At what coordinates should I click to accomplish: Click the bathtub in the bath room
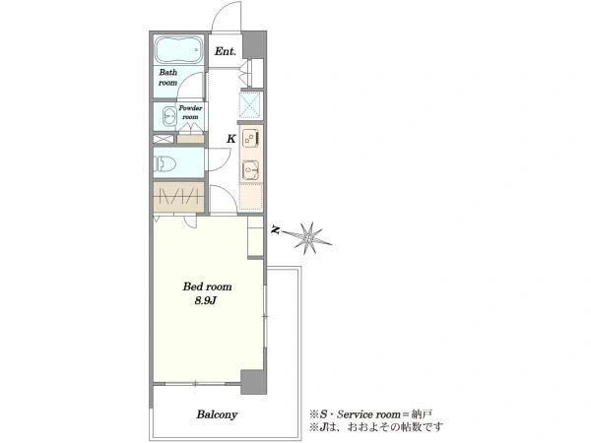pos(179,50)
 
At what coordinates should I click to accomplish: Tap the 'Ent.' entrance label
pos(225,51)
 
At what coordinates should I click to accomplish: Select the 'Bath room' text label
pos(168,77)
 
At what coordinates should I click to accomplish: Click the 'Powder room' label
pos(190,112)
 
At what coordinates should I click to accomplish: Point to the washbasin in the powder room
pos(168,116)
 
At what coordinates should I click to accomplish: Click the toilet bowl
pos(165,163)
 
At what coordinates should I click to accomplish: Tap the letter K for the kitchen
pos(231,139)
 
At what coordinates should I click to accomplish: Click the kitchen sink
pos(250,170)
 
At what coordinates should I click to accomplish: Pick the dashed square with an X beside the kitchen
pos(250,104)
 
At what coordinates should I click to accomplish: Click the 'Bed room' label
pos(207,286)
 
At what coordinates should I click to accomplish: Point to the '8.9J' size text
pos(205,301)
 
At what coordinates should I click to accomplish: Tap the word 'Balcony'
pos(217,414)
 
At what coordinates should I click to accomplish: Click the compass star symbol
pos(309,236)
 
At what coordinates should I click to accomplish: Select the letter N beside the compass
pos(277,229)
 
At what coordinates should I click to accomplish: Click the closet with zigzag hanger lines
pos(178,196)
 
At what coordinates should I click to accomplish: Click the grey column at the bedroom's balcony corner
pos(253,382)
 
